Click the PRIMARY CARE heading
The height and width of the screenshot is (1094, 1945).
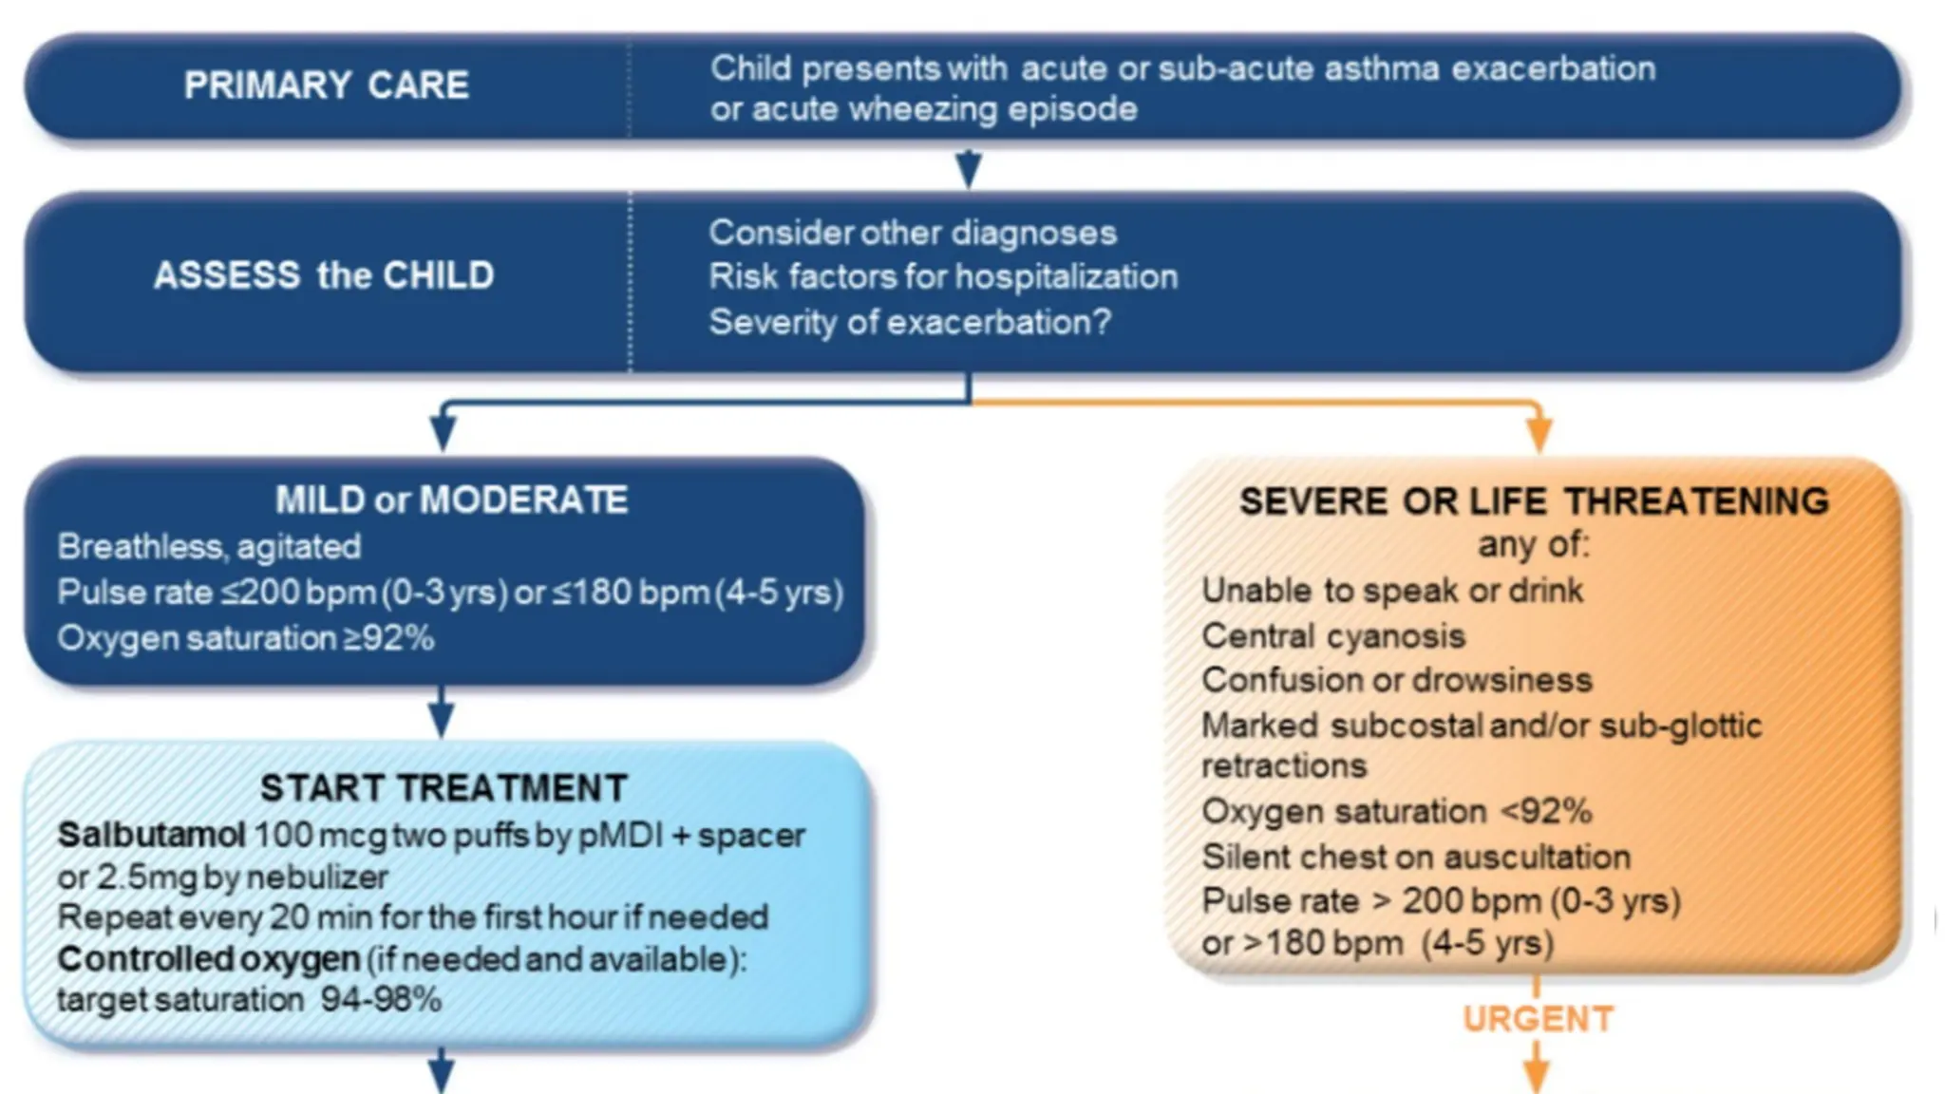(x=326, y=85)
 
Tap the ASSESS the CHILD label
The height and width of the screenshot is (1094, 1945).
(x=324, y=275)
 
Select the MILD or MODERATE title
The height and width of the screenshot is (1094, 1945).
(x=451, y=500)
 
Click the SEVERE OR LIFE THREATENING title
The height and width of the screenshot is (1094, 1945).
(x=1534, y=501)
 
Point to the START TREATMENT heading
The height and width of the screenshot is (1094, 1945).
(x=444, y=788)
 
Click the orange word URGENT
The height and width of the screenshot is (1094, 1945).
(x=1538, y=1019)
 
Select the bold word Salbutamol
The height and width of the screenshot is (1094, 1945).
(x=151, y=836)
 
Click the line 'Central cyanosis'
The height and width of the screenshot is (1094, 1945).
(x=1332, y=635)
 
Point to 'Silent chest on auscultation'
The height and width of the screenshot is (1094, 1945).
(x=1415, y=857)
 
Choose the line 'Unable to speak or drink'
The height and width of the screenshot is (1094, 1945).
(x=1391, y=591)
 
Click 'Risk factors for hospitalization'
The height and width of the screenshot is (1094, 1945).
(x=942, y=277)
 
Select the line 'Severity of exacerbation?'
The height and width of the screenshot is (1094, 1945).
(x=909, y=322)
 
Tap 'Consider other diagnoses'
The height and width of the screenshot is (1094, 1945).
(x=912, y=233)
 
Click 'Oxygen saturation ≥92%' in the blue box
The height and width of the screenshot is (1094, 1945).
(x=245, y=638)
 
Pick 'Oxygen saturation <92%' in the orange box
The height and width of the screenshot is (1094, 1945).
(x=1396, y=812)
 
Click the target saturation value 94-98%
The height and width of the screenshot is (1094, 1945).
(x=381, y=1000)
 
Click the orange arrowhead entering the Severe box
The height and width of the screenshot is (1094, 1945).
(x=1539, y=436)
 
